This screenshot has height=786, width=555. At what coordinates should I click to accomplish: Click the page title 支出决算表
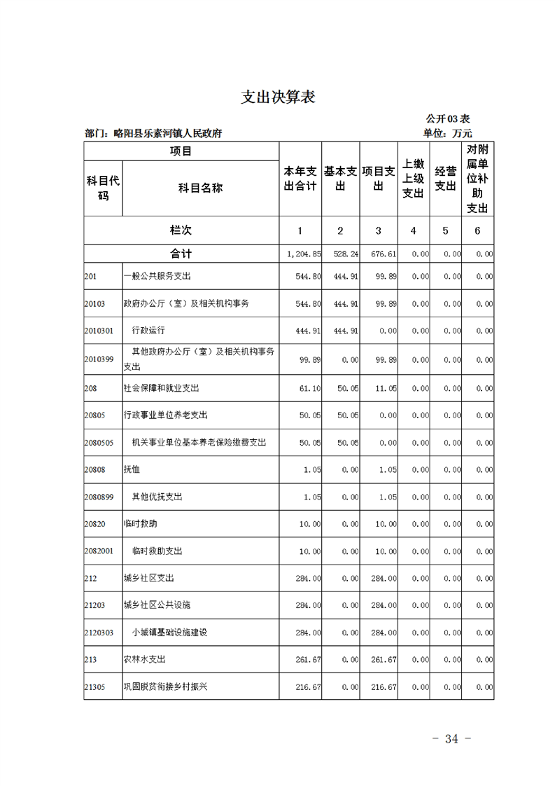click(x=278, y=97)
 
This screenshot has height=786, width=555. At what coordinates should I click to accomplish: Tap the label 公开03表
click(x=447, y=119)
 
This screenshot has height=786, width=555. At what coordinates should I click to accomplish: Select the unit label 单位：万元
click(x=447, y=133)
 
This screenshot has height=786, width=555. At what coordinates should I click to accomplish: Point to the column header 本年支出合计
click(x=300, y=179)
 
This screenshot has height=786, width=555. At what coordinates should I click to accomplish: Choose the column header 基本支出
click(x=340, y=179)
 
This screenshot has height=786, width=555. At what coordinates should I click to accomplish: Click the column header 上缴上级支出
click(x=413, y=179)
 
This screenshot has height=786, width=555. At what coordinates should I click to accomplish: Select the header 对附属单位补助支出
click(x=477, y=179)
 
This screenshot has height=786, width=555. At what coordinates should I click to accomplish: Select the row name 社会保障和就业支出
click(x=161, y=387)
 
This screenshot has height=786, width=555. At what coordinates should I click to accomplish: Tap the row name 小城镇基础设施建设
click(x=170, y=633)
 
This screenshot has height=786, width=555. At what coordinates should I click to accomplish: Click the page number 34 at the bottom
click(x=451, y=739)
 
